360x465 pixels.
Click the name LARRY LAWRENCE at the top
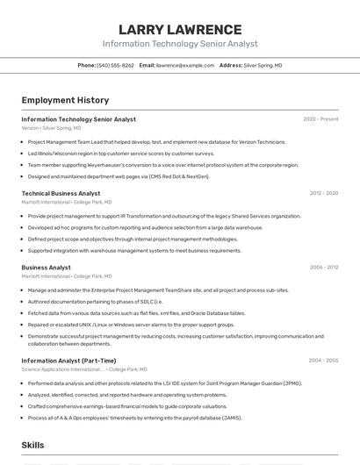[180, 29]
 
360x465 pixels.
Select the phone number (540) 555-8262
[116, 66]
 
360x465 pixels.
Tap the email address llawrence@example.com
[185, 66]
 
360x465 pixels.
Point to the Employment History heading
[65, 100]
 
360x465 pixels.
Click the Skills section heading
[33, 446]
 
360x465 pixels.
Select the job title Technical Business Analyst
[61, 193]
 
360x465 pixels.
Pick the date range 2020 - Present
[320, 119]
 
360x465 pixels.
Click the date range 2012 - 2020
[323, 193]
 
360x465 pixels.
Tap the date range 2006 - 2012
[323, 268]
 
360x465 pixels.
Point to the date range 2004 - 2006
[323, 361]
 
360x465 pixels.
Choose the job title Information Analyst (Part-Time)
[68, 361]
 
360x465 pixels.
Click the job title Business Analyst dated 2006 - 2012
[47, 268]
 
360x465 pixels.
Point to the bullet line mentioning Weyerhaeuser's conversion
[162, 165]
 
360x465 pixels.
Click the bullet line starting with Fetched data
[136, 313]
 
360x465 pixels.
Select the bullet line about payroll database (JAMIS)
[134, 418]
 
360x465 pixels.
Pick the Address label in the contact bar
[230, 66]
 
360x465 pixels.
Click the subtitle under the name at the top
[180, 44]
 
